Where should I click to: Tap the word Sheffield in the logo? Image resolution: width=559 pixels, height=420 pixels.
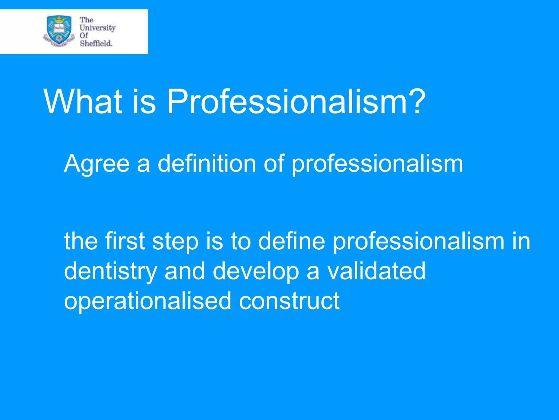point(96,43)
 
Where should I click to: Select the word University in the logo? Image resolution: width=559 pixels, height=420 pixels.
point(97,28)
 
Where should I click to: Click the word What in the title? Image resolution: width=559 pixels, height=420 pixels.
point(83,102)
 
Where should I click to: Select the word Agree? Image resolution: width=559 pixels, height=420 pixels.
point(96,164)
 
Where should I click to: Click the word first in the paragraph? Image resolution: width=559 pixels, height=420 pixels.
point(125,241)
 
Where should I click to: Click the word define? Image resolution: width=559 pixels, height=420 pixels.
point(291,241)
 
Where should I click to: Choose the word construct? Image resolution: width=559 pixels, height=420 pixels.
point(289,301)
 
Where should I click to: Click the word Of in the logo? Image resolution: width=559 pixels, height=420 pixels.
point(84,35)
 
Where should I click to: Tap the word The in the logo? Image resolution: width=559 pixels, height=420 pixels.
point(86,20)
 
